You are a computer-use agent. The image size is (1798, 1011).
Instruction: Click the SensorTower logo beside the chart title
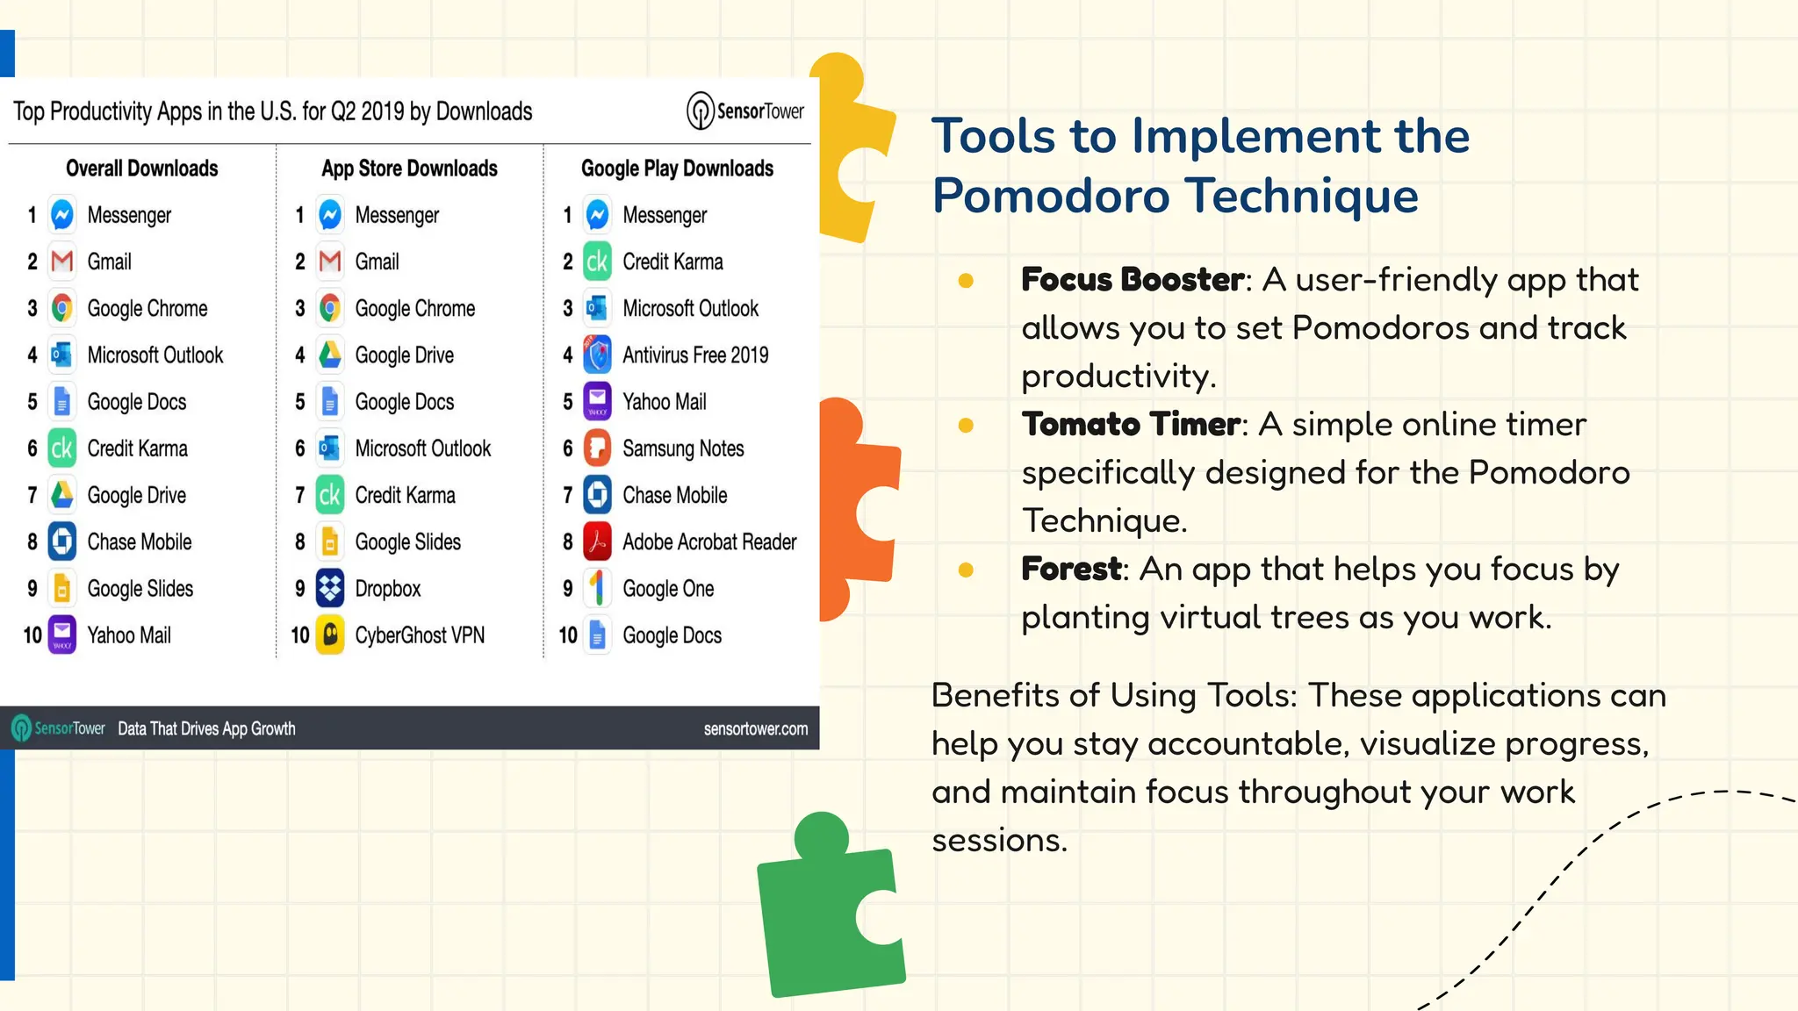(744, 111)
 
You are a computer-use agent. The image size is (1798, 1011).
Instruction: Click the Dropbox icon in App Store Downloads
(330, 588)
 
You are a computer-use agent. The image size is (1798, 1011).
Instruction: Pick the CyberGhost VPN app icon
(330, 635)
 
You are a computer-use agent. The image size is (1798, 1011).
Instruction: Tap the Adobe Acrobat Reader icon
(597, 541)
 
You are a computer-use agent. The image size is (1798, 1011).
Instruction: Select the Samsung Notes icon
(597, 448)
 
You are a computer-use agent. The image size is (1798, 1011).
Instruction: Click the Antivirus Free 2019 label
(695, 355)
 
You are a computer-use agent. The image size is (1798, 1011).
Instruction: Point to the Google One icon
(597, 588)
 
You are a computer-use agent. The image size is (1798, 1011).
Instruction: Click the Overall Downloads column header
(142, 168)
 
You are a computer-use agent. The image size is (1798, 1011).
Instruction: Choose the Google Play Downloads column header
(677, 168)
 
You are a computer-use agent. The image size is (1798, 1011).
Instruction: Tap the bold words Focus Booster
(1132, 280)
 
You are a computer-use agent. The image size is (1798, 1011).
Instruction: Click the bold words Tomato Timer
(1131, 425)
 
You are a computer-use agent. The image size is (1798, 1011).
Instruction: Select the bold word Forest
(1071, 570)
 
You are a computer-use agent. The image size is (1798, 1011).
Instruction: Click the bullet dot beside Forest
(966, 570)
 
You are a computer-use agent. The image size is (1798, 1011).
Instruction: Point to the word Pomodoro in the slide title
(1051, 196)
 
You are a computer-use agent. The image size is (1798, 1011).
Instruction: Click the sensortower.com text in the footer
(755, 729)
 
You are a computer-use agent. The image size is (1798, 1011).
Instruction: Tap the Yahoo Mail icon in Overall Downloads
(62, 635)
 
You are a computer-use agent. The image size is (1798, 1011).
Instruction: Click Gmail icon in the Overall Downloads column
(62, 262)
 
